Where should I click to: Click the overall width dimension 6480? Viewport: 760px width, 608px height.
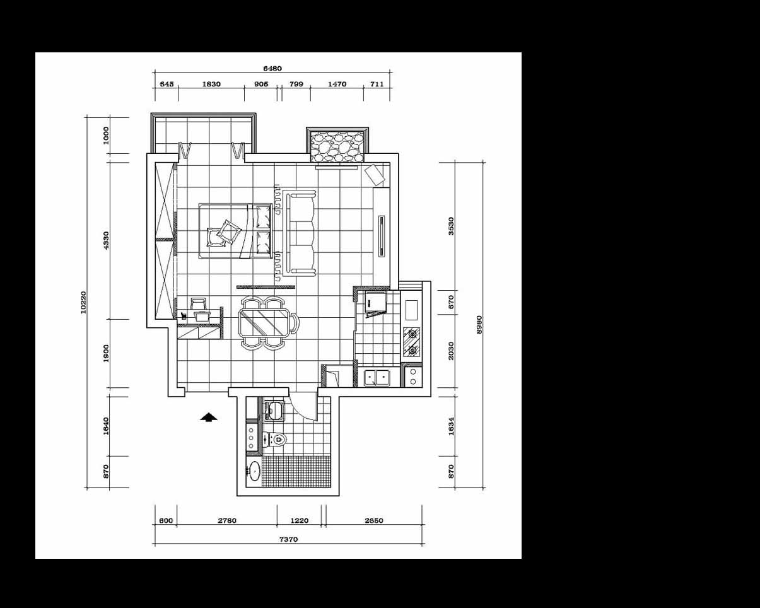(x=272, y=68)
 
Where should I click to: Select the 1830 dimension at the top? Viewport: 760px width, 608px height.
(x=211, y=84)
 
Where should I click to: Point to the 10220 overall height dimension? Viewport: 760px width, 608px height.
(x=83, y=302)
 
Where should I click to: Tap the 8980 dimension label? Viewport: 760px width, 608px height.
(x=479, y=325)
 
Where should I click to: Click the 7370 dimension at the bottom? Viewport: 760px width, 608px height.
(x=288, y=539)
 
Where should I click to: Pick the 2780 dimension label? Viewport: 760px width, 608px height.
(x=227, y=520)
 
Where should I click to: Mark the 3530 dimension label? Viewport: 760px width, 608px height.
(x=451, y=226)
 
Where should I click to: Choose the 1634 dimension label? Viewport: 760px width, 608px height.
(x=451, y=426)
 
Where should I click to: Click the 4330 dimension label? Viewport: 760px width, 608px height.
(x=106, y=240)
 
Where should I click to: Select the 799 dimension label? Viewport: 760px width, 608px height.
(x=296, y=84)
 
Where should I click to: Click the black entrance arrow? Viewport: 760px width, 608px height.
(x=209, y=418)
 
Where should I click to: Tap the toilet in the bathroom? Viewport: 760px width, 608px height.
(x=275, y=440)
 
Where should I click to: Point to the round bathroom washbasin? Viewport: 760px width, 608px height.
(x=254, y=471)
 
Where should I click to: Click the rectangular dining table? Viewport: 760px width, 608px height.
(x=264, y=322)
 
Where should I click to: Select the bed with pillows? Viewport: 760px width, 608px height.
(x=235, y=231)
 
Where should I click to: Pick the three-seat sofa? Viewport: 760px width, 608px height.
(x=300, y=233)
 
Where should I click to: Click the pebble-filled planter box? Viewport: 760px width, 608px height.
(x=337, y=147)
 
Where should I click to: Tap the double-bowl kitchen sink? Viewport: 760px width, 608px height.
(x=377, y=378)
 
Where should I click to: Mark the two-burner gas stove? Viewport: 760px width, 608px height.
(x=412, y=341)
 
